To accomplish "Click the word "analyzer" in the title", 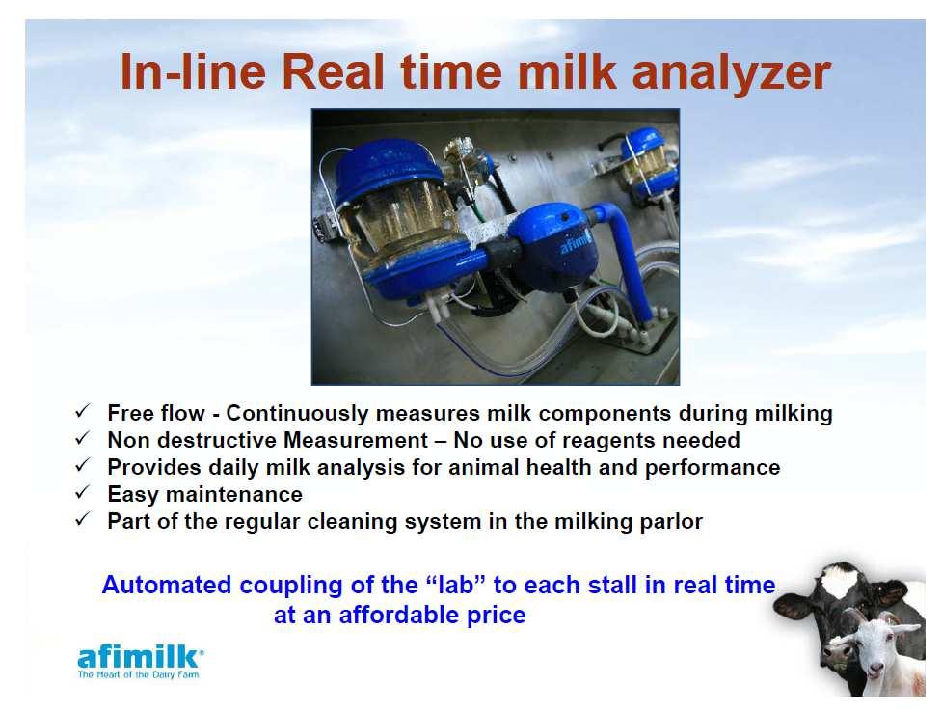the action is (x=731, y=73).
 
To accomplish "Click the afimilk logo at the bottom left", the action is (x=141, y=662).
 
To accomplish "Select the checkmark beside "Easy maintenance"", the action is (x=82, y=493).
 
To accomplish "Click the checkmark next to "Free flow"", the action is (x=82, y=412).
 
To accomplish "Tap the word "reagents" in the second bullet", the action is (x=606, y=441).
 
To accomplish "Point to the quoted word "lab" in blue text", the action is (x=455, y=585).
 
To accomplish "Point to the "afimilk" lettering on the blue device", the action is (x=576, y=243).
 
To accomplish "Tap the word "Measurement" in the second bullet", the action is (x=356, y=441).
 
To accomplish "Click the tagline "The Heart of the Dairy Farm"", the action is (x=138, y=674).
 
